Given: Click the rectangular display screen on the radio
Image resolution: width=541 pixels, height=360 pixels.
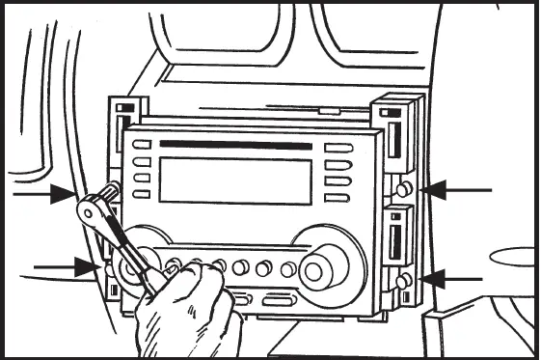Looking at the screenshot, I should tap(235, 180).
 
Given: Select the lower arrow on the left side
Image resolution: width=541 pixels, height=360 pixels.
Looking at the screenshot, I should tap(64, 265).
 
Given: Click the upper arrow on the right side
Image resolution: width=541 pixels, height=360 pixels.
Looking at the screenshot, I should tap(458, 190).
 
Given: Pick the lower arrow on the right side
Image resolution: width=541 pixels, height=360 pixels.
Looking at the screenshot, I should tap(453, 279).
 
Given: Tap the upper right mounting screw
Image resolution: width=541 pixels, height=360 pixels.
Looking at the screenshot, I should tap(405, 189).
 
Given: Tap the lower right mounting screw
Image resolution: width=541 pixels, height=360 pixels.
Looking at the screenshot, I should tap(405, 280).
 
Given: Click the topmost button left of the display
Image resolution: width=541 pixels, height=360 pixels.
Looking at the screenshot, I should tap(142, 146).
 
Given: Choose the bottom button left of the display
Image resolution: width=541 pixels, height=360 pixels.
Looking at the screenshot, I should tap(142, 194).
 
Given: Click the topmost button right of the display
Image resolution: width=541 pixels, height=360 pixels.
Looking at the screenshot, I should tap(338, 148).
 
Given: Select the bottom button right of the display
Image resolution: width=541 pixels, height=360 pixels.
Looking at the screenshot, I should tap(337, 197).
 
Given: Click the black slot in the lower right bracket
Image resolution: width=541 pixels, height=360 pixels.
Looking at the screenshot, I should tap(395, 240).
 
